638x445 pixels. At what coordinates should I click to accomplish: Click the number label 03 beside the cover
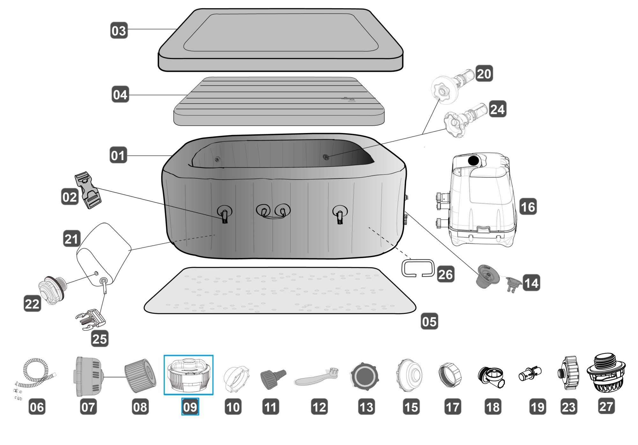tap(119, 31)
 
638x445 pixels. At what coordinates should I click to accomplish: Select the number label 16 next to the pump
tap(528, 207)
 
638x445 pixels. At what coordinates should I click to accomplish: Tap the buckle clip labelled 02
tap(87, 190)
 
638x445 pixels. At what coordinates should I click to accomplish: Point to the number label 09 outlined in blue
tap(190, 407)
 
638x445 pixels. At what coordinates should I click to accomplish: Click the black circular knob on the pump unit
tap(473, 160)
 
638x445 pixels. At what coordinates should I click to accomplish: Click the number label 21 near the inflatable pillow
tap(71, 239)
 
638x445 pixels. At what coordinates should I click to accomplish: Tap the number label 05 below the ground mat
tap(429, 321)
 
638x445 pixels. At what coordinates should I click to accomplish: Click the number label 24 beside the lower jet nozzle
tap(497, 109)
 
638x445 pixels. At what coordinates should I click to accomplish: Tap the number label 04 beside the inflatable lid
tap(120, 95)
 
